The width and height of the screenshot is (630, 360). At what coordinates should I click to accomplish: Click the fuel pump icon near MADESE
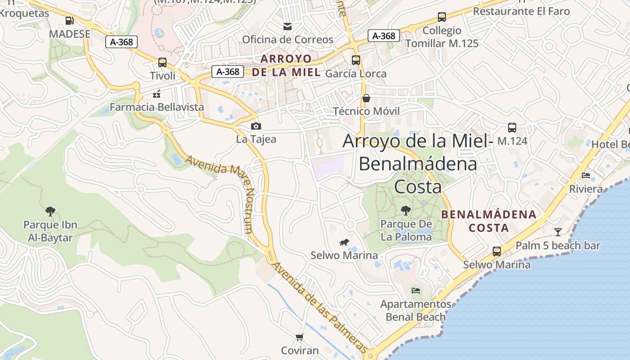(69, 20)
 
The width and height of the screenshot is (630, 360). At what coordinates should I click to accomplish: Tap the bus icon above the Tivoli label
(162, 63)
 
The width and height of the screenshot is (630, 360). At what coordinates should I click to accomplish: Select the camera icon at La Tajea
(256, 126)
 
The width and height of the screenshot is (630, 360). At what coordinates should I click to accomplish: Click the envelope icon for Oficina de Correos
(288, 27)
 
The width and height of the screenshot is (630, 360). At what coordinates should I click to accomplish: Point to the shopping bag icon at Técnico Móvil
(366, 98)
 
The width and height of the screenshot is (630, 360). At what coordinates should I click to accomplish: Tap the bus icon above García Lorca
(356, 60)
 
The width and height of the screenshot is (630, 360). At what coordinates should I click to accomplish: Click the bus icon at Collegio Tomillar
(442, 18)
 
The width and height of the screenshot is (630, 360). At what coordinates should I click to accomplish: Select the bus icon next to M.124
(512, 128)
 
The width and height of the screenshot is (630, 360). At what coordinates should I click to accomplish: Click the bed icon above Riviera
(585, 175)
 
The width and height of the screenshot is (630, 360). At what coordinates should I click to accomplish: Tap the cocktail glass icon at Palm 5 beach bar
(558, 232)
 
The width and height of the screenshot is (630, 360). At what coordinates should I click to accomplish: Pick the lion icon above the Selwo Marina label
(344, 243)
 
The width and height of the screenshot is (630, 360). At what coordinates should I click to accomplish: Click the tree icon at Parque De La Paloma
(406, 211)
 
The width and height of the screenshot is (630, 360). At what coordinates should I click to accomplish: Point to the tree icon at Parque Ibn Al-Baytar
(50, 211)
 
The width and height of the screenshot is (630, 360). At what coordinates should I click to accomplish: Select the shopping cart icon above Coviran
(300, 337)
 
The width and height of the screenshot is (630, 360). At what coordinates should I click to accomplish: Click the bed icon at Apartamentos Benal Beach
(416, 291)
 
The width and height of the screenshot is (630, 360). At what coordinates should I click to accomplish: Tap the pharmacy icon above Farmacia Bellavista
(157, 94)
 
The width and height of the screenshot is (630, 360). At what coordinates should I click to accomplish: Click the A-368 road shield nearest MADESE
(121, 42)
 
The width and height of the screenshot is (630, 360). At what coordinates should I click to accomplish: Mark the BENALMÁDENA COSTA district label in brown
(489, 221)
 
